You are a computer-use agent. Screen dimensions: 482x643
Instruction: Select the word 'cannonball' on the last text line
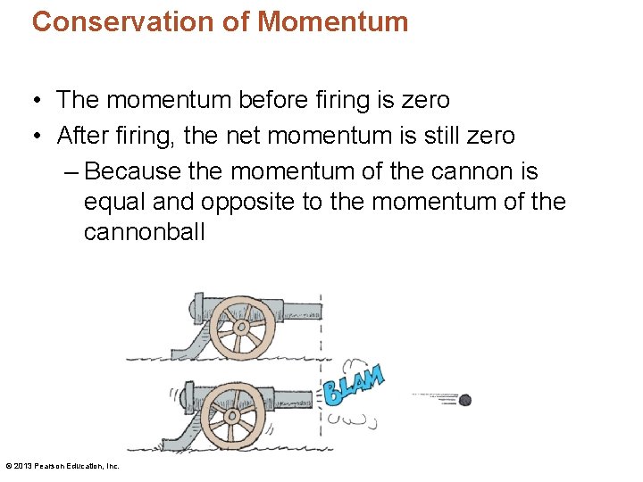(x=144, y=233)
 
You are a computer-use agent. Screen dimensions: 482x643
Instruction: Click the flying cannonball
(x=464, y=400)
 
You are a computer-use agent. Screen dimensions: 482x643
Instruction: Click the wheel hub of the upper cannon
(x=239, y=327)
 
